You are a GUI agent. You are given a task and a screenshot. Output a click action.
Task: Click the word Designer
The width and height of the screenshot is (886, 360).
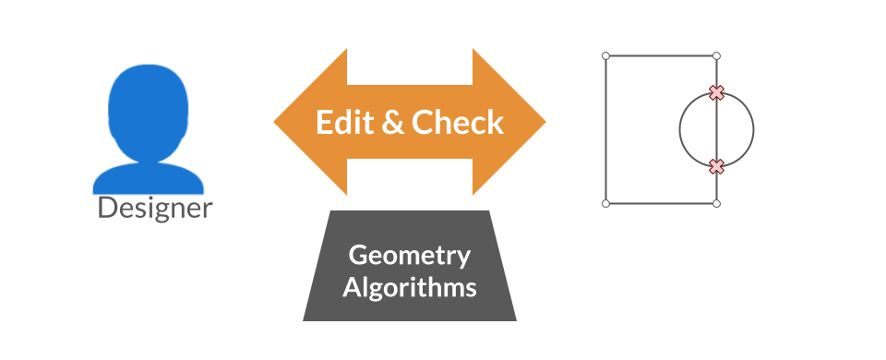click(x=155, y=208)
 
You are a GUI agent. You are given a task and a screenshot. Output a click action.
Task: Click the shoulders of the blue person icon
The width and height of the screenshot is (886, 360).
click(x=148, y=176)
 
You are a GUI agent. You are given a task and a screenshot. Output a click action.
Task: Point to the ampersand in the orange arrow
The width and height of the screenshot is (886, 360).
click(x=393, y=123)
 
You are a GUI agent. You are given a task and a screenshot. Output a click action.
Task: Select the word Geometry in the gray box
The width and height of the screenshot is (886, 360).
click(x=410, y=256)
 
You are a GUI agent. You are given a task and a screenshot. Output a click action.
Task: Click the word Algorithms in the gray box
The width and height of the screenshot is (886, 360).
click(x=410, y=287)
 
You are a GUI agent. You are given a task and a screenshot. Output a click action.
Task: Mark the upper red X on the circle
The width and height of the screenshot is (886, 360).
click(x=716, y=92)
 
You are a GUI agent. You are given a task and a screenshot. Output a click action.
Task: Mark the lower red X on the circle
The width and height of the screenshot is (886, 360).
click(x=716, y=166)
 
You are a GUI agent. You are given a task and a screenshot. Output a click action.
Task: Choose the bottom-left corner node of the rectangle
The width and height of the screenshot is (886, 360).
click(x=605, y=203)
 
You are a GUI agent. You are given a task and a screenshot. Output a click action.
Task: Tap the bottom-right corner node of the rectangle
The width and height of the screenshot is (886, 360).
click(x=717, y=203)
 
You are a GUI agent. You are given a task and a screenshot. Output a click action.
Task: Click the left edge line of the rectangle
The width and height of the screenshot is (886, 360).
click(x=605, y=129)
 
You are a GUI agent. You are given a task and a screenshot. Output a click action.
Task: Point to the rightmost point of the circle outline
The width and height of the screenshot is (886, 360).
click(x=754, y=129)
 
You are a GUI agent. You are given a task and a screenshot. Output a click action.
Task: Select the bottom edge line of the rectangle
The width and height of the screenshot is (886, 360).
click(x=661, y=203)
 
